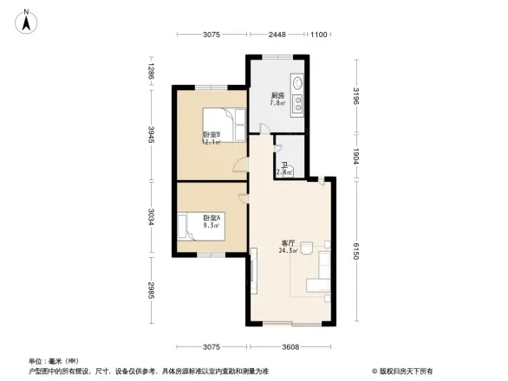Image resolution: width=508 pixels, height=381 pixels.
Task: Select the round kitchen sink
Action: click(x=297, y=85)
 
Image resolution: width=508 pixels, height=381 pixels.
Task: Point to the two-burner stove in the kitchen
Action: click(x=297, y=105)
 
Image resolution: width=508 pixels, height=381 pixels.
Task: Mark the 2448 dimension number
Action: click(x=277, y=35)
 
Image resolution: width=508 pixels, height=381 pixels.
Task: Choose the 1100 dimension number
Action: click(x=319, y=35)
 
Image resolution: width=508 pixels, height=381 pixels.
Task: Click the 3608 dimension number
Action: click(x=290, y=347)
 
